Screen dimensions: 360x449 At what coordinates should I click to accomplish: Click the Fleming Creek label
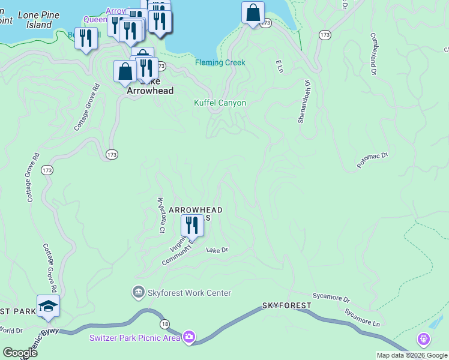220,62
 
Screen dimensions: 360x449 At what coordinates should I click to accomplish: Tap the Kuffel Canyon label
220,103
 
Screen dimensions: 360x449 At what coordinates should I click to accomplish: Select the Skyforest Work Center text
189,293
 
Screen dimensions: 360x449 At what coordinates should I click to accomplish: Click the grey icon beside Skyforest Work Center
139,292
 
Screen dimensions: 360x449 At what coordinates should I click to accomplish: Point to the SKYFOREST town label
286,305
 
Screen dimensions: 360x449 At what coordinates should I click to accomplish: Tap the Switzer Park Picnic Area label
135,337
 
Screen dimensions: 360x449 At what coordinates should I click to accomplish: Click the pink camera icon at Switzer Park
189,337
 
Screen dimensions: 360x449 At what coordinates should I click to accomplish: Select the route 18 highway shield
164,324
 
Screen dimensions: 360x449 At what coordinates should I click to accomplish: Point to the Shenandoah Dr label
303,102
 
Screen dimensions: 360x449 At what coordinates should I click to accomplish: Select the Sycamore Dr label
331,297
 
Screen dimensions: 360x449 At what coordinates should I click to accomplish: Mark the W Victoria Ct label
160,215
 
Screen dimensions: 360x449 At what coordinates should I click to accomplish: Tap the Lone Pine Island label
35,20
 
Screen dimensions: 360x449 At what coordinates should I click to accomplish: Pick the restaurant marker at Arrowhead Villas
191,226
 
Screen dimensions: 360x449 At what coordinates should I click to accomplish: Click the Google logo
20,353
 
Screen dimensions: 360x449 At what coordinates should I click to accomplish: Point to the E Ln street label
279,66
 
